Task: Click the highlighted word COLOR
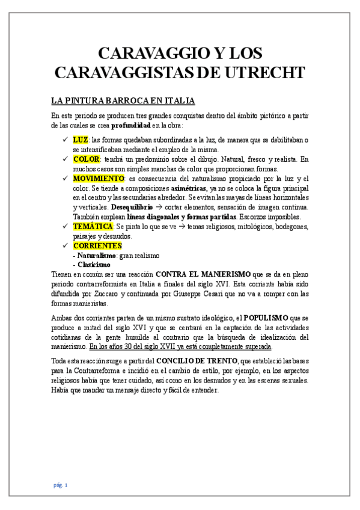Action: [87, 159]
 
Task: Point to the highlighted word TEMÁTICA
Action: [93, 226]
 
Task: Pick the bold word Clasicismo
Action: [94, 265]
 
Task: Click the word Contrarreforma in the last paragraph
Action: [89, 370]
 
